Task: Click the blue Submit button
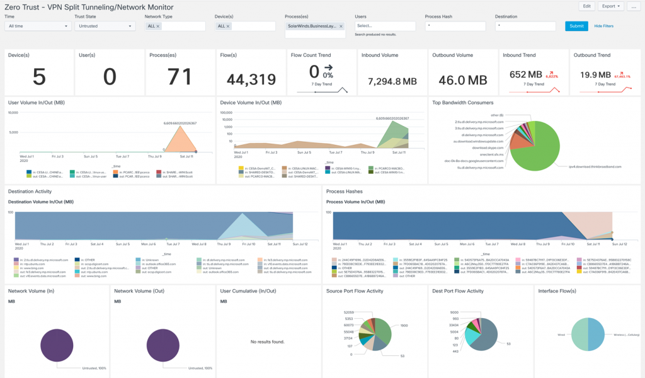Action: click(x=576, y=26)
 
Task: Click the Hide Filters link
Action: click(x=603, y=26)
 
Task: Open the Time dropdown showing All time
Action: click(x=37, y=26)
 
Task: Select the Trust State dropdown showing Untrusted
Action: click(x=105, y=26)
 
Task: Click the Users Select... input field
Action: click(x=384, y=26)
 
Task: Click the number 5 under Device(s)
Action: click(x=39, y=77)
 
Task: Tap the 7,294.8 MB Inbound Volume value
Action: click(x=392, y=81)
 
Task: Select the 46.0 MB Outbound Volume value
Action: click(x=463, y=80)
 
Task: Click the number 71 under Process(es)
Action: click(x=180, y=77)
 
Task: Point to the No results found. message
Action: click(x=268, y=341)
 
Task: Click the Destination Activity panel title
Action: click(x=30, y=191)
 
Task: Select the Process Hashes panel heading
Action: click(x=344, y=191)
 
